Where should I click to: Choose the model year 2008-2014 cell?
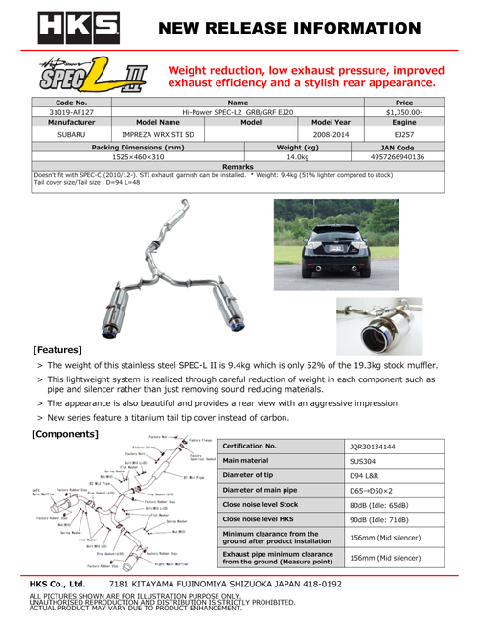[331, 134]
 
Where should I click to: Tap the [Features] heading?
[58, 351]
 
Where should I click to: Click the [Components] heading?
[66, 435]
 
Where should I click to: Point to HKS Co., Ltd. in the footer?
[58, 584]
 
